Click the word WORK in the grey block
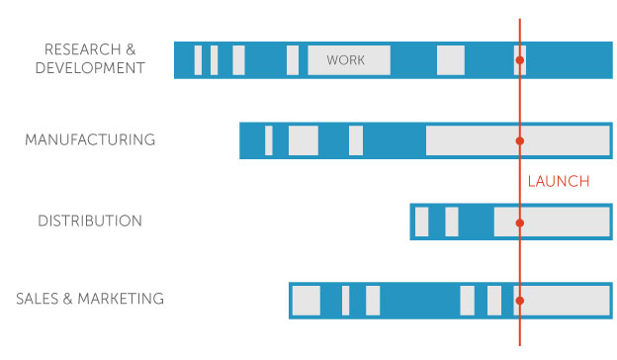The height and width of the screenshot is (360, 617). tap(345, 60)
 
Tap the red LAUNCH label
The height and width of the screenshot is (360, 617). tap(558, 181)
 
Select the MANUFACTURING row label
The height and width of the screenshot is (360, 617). tap(90, 139)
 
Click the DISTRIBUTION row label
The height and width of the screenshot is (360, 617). tap(90, 221)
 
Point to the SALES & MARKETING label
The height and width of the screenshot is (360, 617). tap(90, 299)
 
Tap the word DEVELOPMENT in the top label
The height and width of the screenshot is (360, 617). tap(90, 68)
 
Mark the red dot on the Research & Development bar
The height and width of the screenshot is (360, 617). tap(519, 60)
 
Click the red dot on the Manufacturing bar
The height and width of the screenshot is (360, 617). tap(519, 140)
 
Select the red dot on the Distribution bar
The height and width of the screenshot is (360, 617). tap(519, 223)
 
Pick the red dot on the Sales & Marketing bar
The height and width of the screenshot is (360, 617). tap(519, 300)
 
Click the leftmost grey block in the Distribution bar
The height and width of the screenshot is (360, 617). tap(422, 222)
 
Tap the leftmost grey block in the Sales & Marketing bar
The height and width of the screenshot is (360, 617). tap(307, 300)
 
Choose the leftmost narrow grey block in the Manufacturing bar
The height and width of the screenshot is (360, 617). tap(269, 140)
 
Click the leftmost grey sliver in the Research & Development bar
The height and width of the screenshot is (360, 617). tap(198, 60)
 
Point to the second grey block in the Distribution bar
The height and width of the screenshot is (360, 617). tap(452, 222)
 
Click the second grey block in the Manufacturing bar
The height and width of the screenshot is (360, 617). tap(304, 140)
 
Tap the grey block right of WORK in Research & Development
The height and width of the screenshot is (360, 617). tap(450, 60)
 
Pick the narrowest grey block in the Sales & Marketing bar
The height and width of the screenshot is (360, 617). tap(346, 300)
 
